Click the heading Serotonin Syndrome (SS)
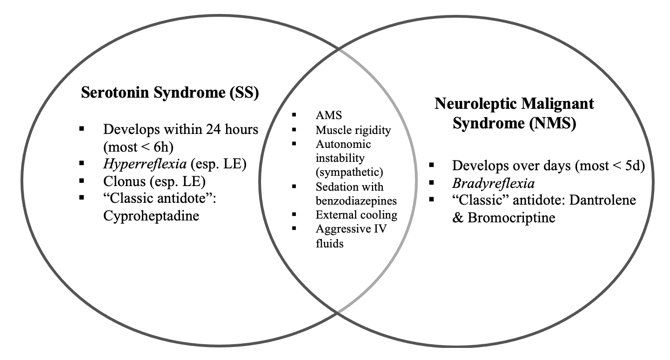(x=170, y=93)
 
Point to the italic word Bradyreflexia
(x=493, y=184)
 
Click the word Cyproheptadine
(x=151, y=216)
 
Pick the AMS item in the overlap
(x=326, y=116)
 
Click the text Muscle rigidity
(x=353, y=130)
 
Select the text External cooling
(x=356, y=215)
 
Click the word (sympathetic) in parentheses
(x=349, y=173)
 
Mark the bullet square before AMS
(x=294, y=115)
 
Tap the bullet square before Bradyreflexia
(x=432, y=182)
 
